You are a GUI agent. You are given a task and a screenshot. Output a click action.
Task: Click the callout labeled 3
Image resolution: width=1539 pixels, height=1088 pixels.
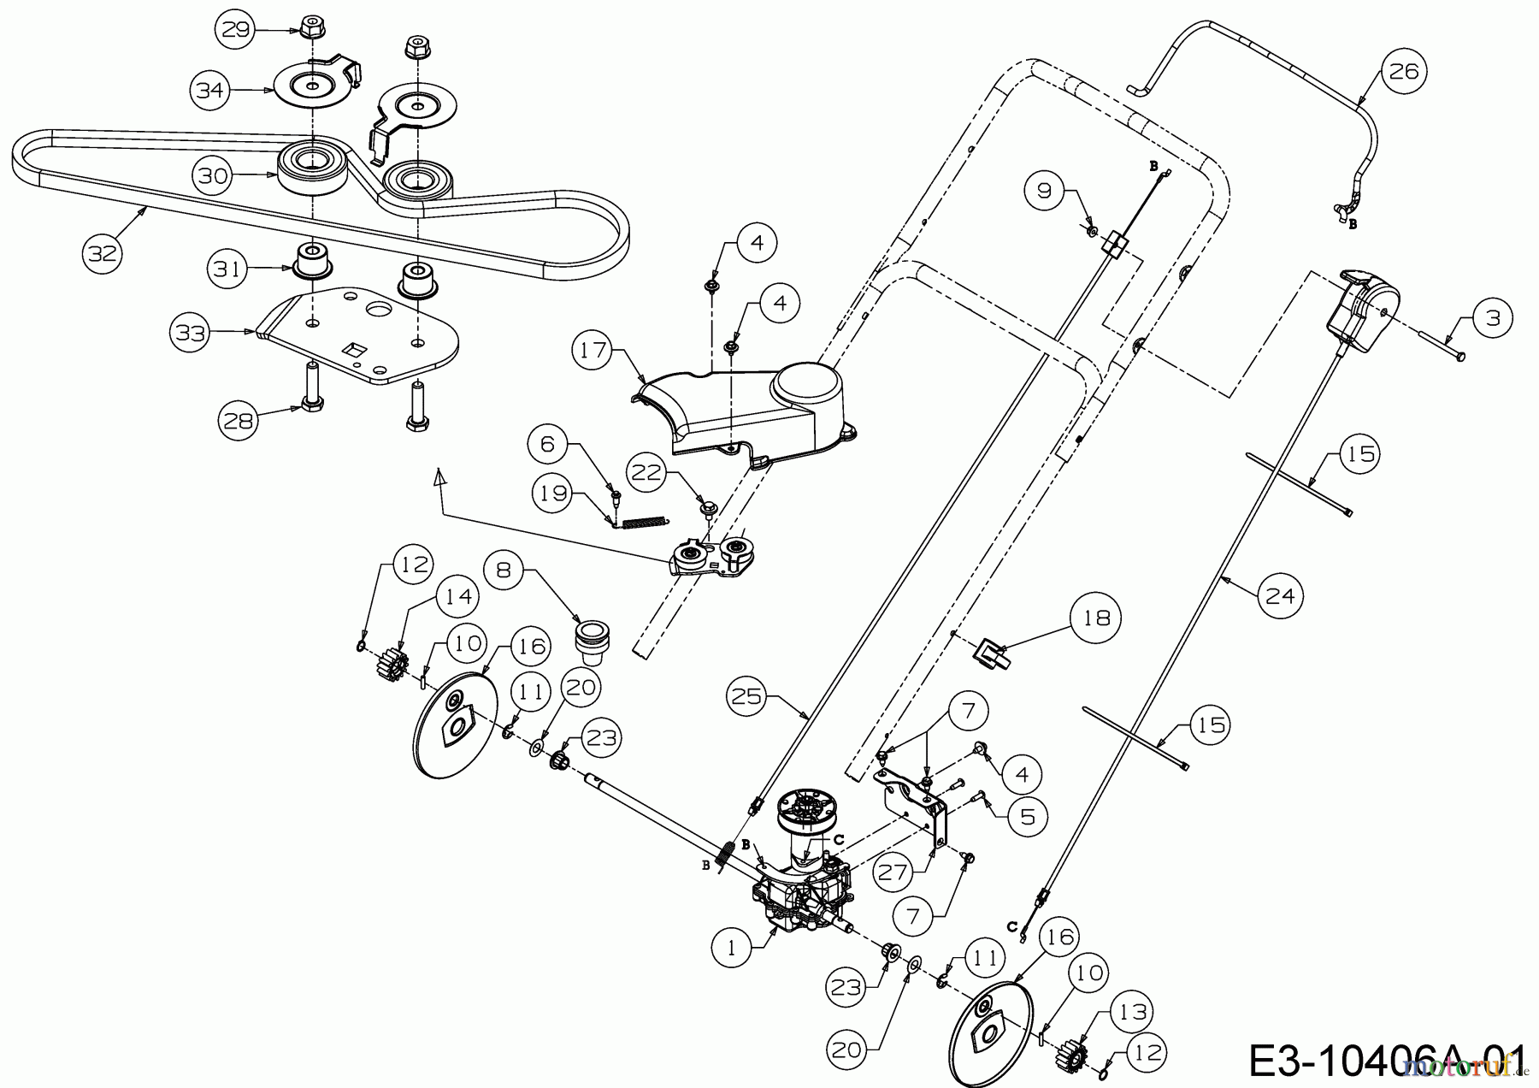1493,318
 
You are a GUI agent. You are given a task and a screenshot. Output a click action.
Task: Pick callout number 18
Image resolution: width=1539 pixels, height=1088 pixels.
1097,618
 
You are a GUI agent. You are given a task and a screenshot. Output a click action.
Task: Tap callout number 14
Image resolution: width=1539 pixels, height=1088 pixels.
460,596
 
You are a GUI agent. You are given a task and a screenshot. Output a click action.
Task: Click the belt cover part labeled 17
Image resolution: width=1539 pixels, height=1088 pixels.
752,411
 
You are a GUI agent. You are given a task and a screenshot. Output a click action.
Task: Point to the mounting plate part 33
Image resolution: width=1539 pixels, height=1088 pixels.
368,338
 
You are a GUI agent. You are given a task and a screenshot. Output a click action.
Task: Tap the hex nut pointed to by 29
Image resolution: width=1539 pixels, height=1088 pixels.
310,27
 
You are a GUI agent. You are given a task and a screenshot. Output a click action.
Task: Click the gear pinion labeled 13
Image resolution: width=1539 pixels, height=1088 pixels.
1071,1051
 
